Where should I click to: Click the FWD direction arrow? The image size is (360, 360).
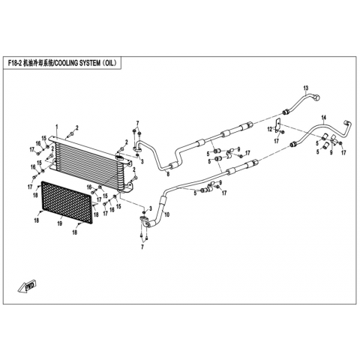pyautogui.click(x=27, y=286)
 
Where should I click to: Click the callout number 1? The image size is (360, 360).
pyautogui.click(x=57, y=127)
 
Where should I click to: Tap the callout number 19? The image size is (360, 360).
pyautogui.click(x=60, y=223)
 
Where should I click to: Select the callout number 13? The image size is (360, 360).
pyautogui.click(x=306, y=88)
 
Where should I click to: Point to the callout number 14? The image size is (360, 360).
pyautogui.click(x=324, y=117)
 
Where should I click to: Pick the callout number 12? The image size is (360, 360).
pyautogui.click(x=270, y=130)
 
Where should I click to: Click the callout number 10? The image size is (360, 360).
pyautogui.click(x=167, y=214)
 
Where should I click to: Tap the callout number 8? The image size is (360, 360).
pyautogui.click(x=168, y=174)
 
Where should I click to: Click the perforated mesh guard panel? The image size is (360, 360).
pyautogui.click(x=67, y=202)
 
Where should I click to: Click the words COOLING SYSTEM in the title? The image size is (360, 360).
pyautogui.click(x=78, y=63)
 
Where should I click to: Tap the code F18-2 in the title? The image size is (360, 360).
pyautogui.click(x=14, y=63)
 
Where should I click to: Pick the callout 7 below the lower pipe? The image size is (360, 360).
pyautogui.click(x=142, y=247)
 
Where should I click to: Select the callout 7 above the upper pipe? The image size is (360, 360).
pyautogui.click(x=137, y=123)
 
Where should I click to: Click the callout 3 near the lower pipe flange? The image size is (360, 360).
pyautogui.click(x=151, y=208)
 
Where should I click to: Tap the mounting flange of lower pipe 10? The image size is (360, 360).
pyautogui.click(x=144, y=220)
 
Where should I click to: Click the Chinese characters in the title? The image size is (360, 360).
pyautogui.click(x=38, y=63)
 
